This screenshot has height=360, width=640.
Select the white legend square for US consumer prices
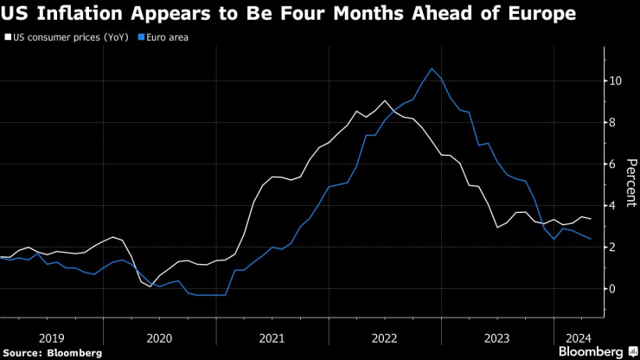pos(8,38)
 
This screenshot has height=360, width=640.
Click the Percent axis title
pos(631,183)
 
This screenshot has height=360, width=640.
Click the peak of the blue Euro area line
pos(432,68)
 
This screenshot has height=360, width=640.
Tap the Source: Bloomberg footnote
pos(53,352)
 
